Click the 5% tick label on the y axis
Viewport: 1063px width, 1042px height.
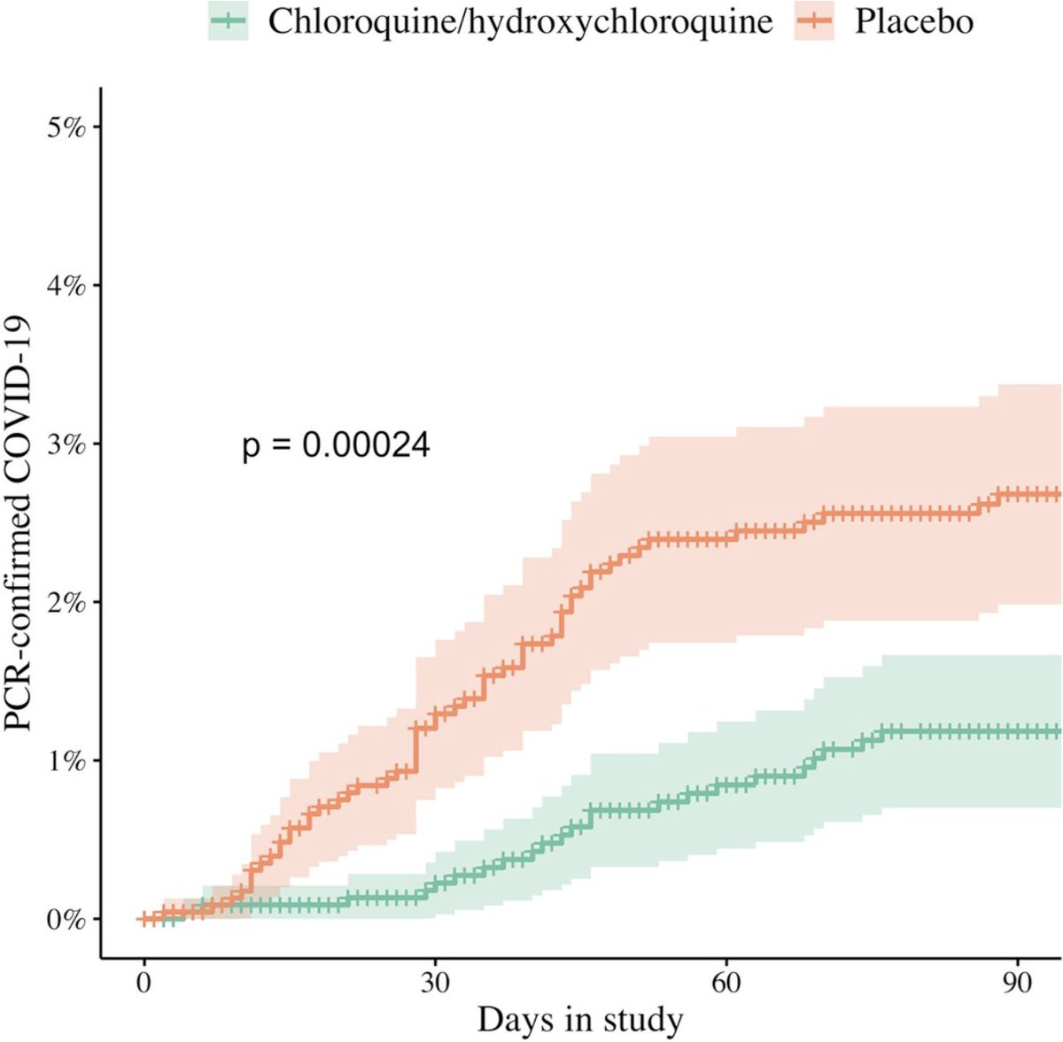[66, 127]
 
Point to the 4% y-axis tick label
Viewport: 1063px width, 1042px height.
[66, 285]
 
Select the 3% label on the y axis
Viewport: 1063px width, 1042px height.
[66, 444]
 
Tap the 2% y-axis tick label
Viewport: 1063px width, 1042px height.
[66, 602]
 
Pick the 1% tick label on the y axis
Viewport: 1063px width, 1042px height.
[66, 760]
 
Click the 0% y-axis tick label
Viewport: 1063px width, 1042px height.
[66, 919]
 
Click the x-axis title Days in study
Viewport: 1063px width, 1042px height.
[580, 1020]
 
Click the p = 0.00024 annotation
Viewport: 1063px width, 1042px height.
[336, 445]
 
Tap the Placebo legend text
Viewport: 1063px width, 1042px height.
[913, 22]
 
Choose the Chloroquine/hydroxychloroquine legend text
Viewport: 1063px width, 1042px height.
[520, 22]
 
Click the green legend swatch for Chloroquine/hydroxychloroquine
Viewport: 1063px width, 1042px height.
[228, 22]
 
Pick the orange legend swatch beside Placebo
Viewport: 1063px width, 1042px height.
[814, 22]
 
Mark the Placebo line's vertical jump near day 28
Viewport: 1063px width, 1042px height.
[414, 749]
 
